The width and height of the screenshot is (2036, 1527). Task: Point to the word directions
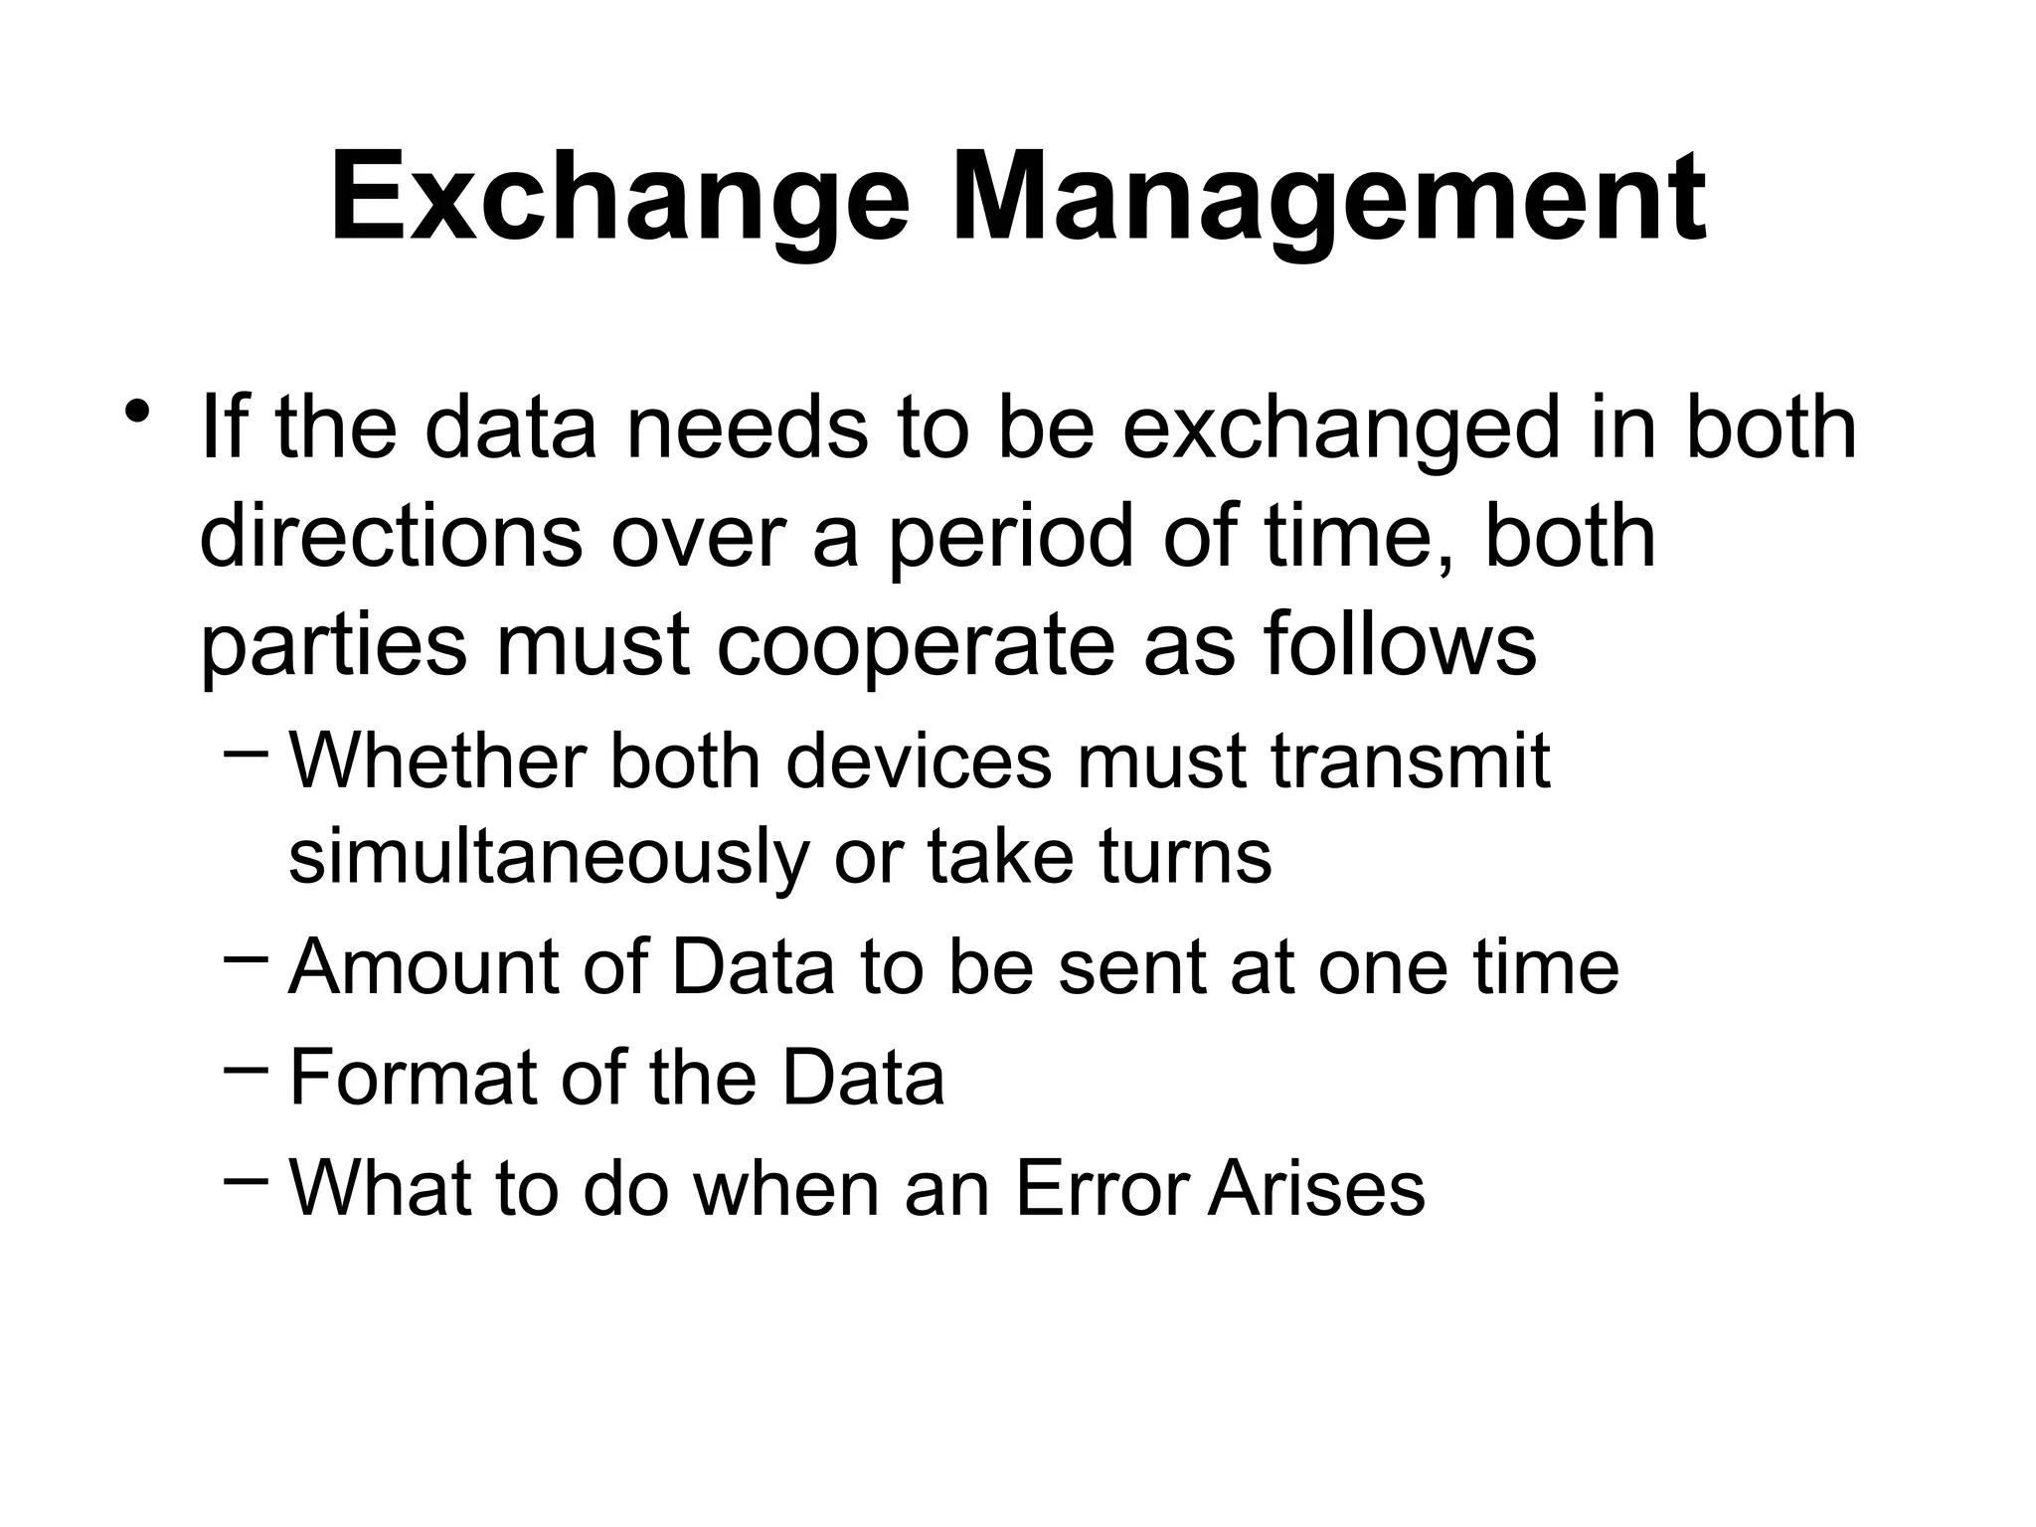coord(391,538)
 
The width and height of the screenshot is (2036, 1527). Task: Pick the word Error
coord(1103,1188)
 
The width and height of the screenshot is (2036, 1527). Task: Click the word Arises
coord(1316,1188)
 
